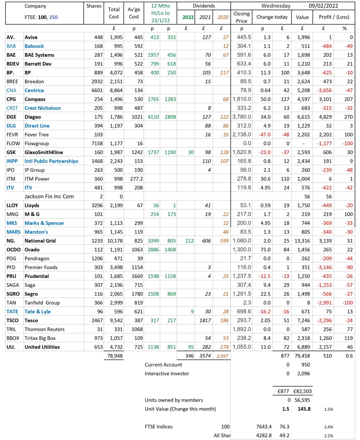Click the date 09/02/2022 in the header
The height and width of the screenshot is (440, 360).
(331, 6)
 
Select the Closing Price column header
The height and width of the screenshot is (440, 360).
(242, 17)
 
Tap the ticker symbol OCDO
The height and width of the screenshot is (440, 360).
(14, 250)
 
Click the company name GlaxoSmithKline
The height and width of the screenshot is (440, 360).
(43, 152)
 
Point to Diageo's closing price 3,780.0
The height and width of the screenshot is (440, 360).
(242, 117)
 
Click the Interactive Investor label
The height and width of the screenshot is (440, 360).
(167, 374)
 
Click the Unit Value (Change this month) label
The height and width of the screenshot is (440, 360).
(180, 409)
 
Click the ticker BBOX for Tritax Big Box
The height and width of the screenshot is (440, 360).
(13, 338)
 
